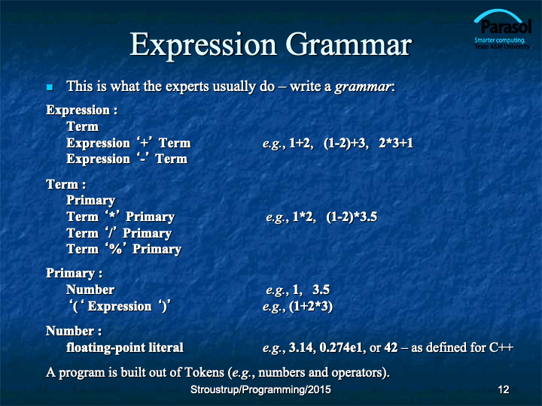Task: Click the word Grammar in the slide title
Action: click(x=349, y=45)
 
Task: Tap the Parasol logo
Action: click(x=503, y=29)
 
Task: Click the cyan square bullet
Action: click(x=50, y=87)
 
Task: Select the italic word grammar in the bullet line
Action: click(x=363, y=86)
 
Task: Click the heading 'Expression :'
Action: click(x=81, y=111)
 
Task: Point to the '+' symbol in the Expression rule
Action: click(x=144, y=142)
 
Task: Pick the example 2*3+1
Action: click(x=396, y=143)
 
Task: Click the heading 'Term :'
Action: click(x=65, y=184)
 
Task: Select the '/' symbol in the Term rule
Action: click(x=111, y=232)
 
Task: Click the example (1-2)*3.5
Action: click(x=352, y=217)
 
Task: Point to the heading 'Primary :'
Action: click(x=74, y=274)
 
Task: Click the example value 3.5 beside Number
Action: click(x=321, y=289)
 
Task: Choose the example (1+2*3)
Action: click(x=311, y=307)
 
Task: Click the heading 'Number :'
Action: click(x=74, y=331)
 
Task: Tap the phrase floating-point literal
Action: click(x=125, y=347)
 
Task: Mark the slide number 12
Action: click(x=504, y=389)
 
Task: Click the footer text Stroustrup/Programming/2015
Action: click(x=260, y=389)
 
